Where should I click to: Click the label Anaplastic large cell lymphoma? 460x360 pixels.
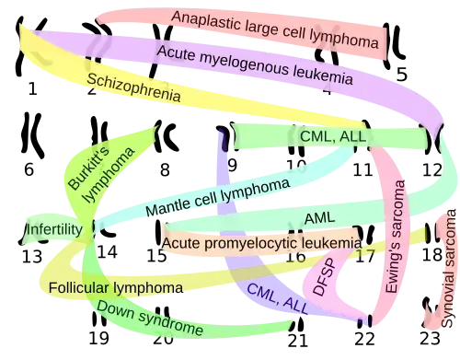coord(274,29)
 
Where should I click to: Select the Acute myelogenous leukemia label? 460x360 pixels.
coord(255,65)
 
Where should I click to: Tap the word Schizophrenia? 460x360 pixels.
coord(133,87)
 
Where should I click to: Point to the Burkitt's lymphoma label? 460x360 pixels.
coord(101,174)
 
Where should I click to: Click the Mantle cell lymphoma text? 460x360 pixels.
coord(217,197)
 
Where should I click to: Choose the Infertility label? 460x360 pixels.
coord(54,229)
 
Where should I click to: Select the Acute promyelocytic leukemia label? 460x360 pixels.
coord(261,243)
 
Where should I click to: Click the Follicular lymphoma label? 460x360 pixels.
coord(116,288)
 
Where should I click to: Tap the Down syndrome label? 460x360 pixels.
coord(150,318)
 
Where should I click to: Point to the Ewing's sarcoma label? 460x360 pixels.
coord(395,237)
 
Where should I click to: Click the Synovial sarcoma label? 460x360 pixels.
coord(448,268)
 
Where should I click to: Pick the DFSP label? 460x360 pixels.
coord(323,277)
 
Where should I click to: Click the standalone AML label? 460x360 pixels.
coord(319,218)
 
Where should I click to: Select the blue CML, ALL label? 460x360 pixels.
coord(277,298)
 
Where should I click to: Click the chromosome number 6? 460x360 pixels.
coord(29,169)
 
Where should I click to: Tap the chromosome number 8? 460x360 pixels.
coord(165,169)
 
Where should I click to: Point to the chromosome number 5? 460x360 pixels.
coord(401,75)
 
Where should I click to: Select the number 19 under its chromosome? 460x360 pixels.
coord(98,338)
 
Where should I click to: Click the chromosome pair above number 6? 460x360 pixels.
coord(31,135)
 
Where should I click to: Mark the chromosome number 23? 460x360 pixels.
coord(430,339)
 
